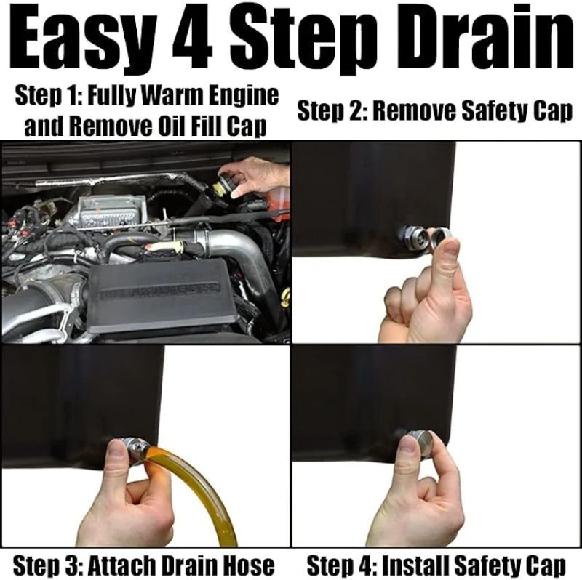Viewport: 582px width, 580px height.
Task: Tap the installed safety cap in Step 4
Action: (x=420, y=442)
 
